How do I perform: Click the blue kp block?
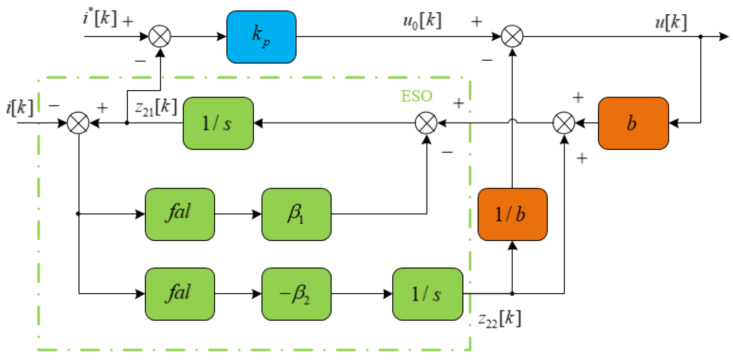tap(261, 37)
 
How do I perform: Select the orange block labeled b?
tap(633, 123)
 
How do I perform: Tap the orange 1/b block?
tap(512, 214)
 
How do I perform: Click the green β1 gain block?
tap(296, 214)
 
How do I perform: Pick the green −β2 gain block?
tap(296, 294)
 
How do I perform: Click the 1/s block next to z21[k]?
tap(218, 123)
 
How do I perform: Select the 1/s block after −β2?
tap(427, 294)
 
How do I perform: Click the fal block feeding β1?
tap(180, 214)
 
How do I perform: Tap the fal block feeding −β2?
tap(180, 294)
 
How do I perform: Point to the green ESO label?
tap(416, 96)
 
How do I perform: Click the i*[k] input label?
tap(100, 18)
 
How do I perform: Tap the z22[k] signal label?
tap(500, 319)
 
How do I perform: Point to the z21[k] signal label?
tap(156, 108)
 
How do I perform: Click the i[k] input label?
tap(20, 108)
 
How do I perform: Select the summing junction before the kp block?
tap(160, 37)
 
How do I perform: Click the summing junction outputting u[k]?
tap(512, 37)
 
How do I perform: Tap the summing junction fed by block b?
tap(564, 123)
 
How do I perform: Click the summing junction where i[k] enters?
tap(78, 123)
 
